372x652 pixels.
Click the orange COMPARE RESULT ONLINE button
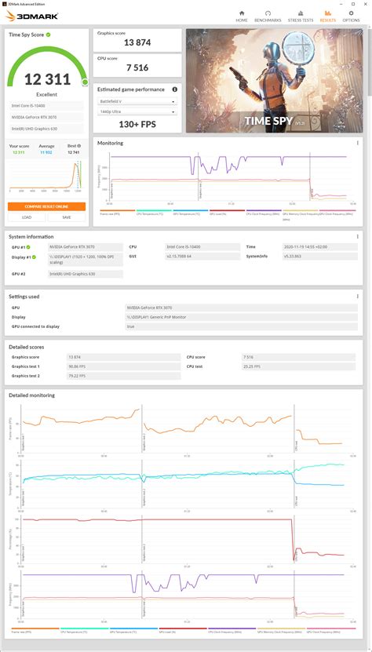click(x=46, y=206)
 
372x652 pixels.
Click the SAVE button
click(x=66, y=217)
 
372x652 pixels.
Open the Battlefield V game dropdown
click(x=137, y=102)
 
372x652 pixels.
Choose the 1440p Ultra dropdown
click(x=137, y=112)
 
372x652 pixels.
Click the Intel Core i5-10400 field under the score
click(x=46, y=104)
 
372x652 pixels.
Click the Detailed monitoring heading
click(x=32, y=395)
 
